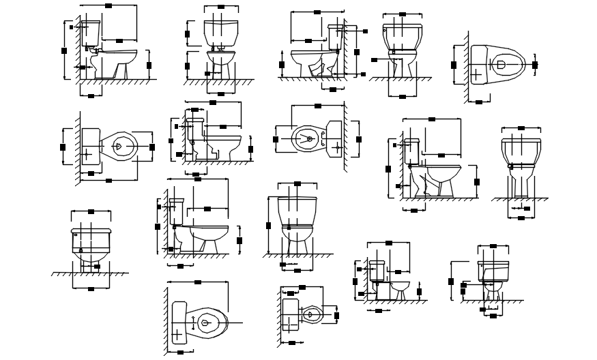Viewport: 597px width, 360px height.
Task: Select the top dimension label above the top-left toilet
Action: click(109, 5)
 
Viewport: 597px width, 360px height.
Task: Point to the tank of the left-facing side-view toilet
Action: click(335, 37)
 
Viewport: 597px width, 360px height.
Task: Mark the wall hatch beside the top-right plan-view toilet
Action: click(466, 68)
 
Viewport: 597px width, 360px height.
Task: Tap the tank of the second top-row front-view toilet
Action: click(221, 31)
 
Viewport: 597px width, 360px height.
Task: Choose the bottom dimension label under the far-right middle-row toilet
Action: click(522, 218)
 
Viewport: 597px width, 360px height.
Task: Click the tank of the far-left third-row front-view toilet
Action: click(91, 239)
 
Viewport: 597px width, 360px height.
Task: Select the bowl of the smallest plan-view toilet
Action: click(311, 314)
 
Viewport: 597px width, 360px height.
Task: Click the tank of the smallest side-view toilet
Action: click(377, 269)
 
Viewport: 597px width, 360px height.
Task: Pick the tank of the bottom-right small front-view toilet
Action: click(494, 271)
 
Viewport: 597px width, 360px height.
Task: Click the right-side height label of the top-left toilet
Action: click(149, 65)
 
